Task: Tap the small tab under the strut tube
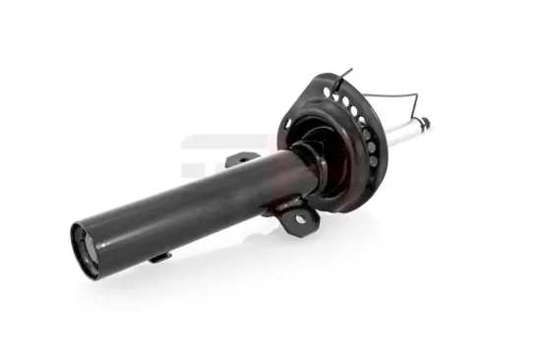[x=158, y=257]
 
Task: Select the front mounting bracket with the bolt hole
[x=295, y=217]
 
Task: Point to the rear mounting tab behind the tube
[x=242, y=158]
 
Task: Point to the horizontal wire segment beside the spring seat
[x=393, y=97]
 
